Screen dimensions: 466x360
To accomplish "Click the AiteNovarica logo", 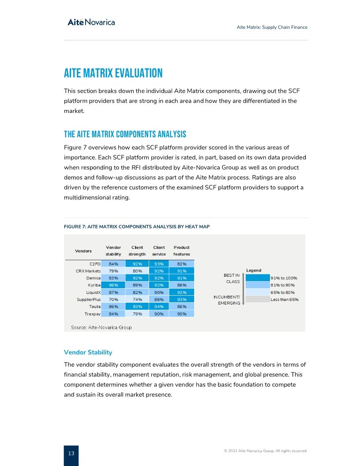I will [91, 22].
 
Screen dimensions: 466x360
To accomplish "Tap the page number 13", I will [71, 453].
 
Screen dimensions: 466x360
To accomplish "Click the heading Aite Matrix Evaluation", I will [113, 73].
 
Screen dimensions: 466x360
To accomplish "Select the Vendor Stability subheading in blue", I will [88, 352].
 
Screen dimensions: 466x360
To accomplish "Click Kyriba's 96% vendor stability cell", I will [113, 285].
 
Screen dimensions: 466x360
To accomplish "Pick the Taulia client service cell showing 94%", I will [159, 306].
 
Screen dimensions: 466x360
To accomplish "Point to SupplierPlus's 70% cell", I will [113, 299].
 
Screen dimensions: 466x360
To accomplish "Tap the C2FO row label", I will [94, 264].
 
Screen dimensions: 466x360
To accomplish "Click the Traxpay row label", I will [93, 314].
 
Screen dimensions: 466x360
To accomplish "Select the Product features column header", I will [181, 251].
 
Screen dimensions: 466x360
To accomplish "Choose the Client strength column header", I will [137, 251].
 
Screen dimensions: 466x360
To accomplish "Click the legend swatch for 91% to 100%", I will [257, 278].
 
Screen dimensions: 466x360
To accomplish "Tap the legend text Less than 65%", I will [284, 300].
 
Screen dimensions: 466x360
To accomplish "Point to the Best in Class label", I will [232, 278].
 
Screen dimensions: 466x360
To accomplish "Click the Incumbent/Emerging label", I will [227, 300].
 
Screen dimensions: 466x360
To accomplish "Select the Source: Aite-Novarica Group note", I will [101, 327].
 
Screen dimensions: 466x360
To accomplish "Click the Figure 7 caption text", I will [137, 226].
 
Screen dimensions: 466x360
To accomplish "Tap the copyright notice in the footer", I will [266, 451].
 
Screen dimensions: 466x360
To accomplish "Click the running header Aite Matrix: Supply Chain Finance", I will [272, 27].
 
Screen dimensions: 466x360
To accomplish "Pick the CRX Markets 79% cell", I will [113, 271].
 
